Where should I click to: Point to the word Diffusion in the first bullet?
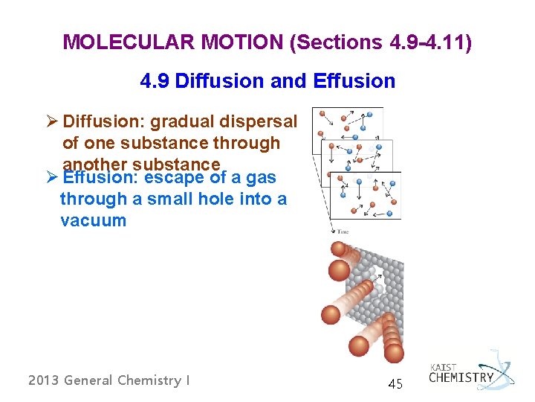(104, 121)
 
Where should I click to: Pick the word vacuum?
(93, 220)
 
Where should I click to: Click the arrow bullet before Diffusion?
(51, 121)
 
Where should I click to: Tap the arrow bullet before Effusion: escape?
(51, 178)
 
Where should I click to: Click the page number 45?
(395, 385)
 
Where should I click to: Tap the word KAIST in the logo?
(444, 367)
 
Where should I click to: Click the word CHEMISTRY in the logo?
(461, 377)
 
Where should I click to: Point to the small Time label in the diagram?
(343, 232)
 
